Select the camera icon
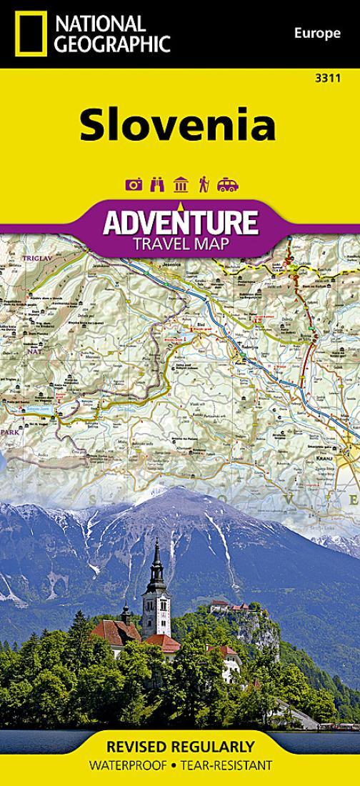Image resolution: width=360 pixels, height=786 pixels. [x=134, y=185]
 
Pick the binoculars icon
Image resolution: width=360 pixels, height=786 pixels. [x=157, y=185]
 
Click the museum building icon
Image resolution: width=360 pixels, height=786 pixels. [x=181, y=185]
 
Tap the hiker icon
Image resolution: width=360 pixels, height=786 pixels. [x=204, y=185]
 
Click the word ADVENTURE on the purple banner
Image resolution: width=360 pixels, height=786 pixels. [x=179, y=223]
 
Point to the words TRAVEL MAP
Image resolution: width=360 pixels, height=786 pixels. [x=179, y=245]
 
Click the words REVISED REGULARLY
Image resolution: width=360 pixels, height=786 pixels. [x=180, y=747]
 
